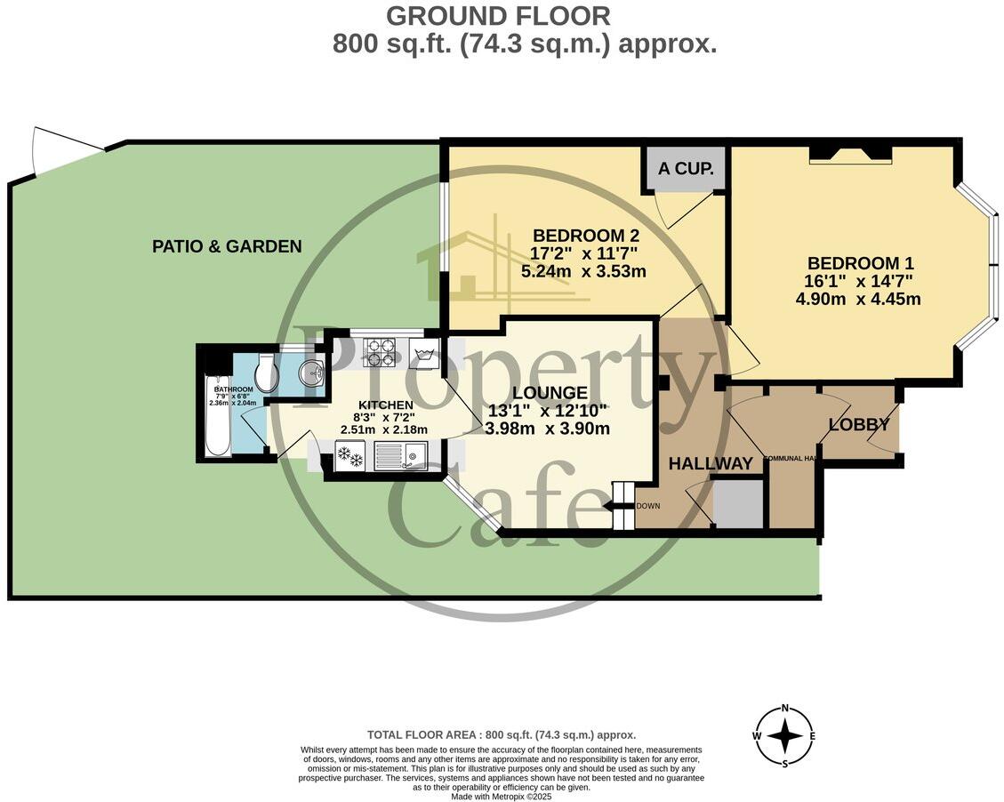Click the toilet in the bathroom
coord(266,373)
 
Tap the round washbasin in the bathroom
coord(311,374)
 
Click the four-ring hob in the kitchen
coord(380,352)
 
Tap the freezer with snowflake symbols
coord(349,455)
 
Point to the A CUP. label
coord(686,169)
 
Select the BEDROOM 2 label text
coord(586,236)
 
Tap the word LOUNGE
coord(550,392)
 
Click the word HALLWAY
coord(711,463)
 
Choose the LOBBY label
coord(859,425)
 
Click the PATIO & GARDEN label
coord(227,246)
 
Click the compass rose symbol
coord(783,735)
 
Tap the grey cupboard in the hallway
coord(739,503)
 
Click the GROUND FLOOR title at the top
coord(498,15)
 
